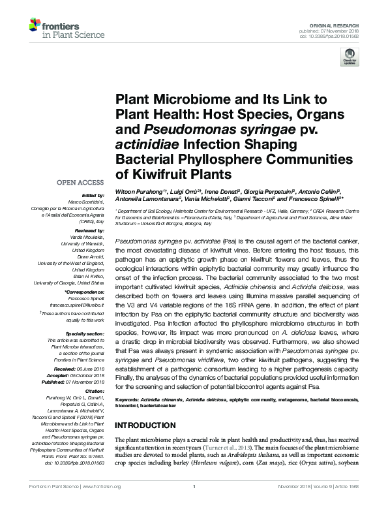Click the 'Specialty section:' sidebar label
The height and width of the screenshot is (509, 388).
(84, 333)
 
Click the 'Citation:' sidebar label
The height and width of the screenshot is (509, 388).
(92, 390)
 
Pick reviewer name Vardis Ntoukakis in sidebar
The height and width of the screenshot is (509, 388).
(85, 237)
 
